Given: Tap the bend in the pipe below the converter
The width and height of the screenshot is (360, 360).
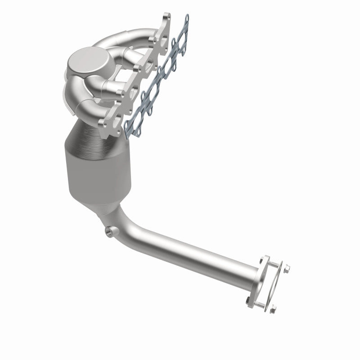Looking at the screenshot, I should (128, 227).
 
